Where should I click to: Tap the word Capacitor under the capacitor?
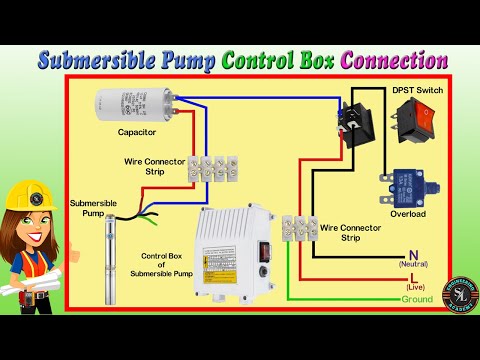[x=137, y=131]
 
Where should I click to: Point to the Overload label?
[x=408, y=214]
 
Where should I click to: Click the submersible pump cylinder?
[x=111, y=259]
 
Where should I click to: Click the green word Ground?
[x=418, y=300]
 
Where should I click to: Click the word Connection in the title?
[x=394, y=59]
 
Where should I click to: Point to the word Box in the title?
[x=307, y=59]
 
